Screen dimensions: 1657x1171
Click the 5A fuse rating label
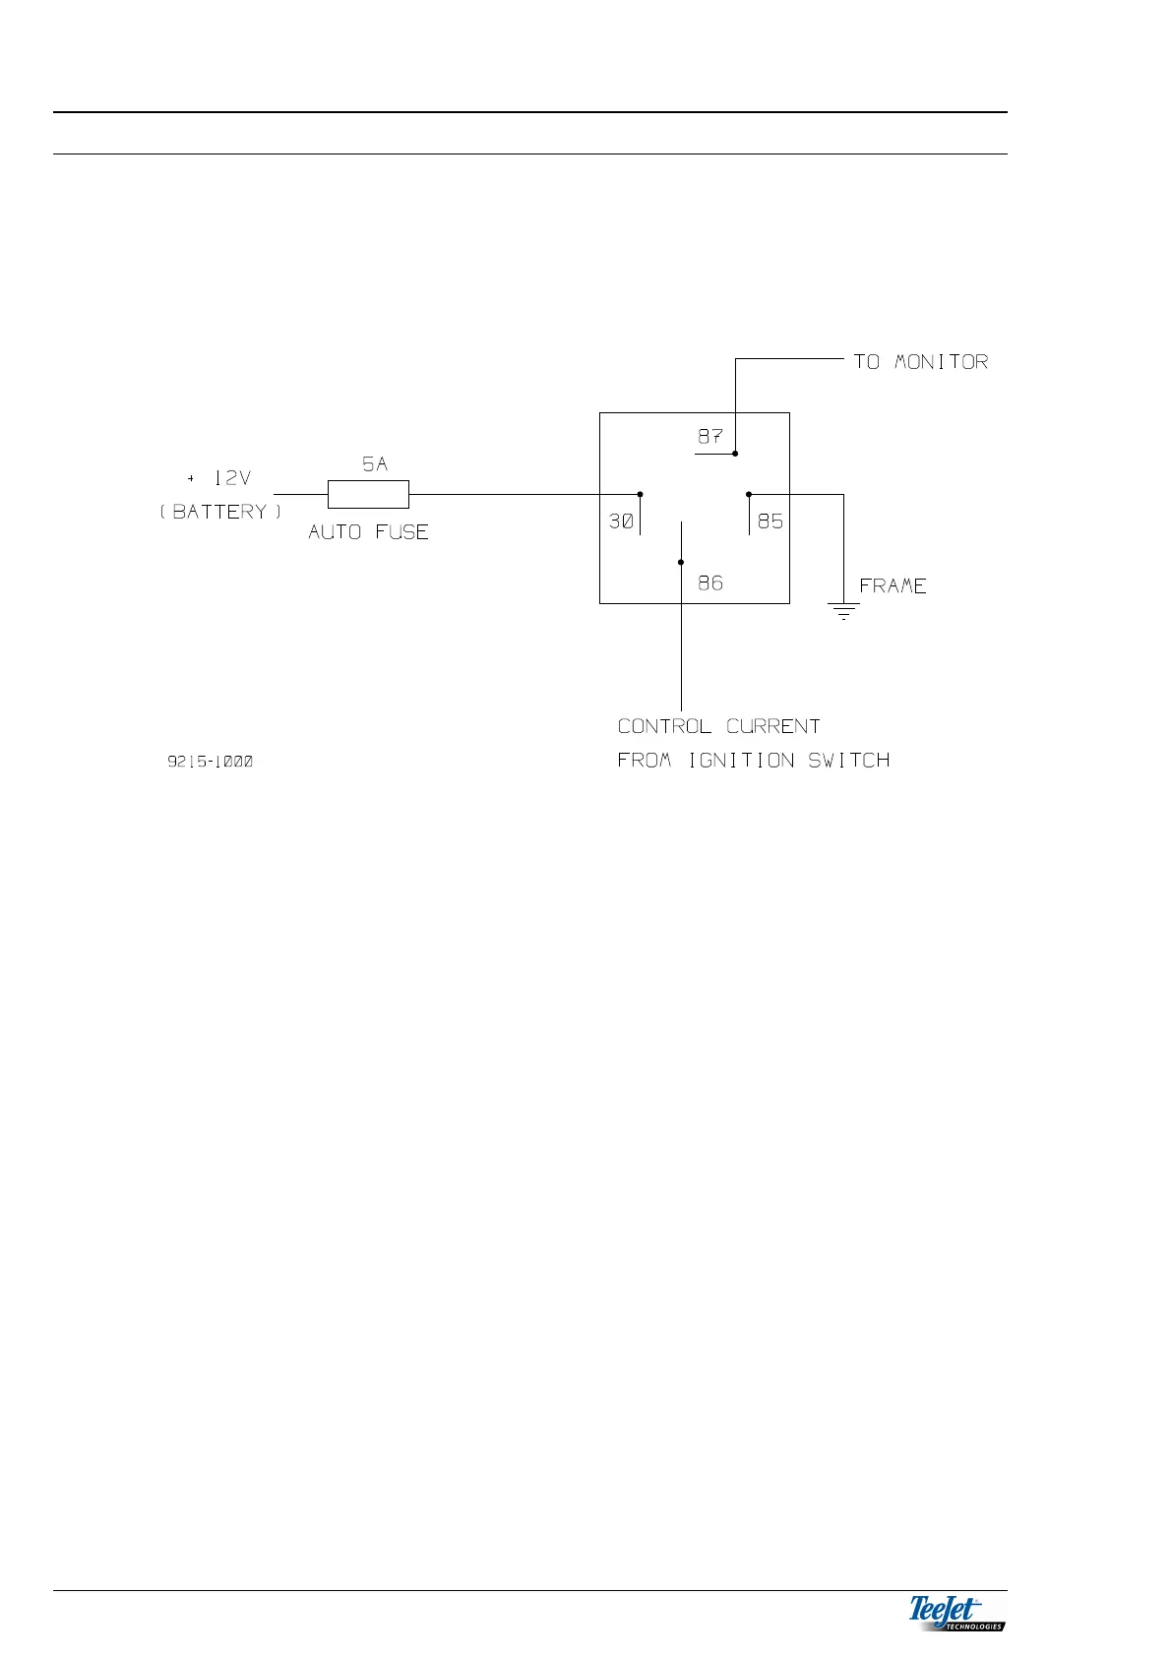point(375,464)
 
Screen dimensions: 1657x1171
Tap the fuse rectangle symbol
point(368,494)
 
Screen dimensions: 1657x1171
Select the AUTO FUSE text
point(368,532)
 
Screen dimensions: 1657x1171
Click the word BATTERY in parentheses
point(220,512)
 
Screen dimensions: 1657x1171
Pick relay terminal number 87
point(709,436)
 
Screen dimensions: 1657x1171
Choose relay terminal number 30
point(621,522)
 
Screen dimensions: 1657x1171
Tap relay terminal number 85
point(770,522)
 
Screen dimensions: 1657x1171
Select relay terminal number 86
point(710,583)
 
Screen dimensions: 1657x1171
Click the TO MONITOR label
point(920,362)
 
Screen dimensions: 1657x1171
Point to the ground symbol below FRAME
point(843,610)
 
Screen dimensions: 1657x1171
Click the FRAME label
point(893,586)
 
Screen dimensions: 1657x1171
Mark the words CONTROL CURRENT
point(718,726)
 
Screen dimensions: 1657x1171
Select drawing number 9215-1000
point(210,761)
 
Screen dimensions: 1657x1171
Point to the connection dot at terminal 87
point(735,454)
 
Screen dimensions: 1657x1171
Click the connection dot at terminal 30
point(640,494)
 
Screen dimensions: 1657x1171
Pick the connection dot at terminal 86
point(681,563)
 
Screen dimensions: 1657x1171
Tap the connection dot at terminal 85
point(749,494)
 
